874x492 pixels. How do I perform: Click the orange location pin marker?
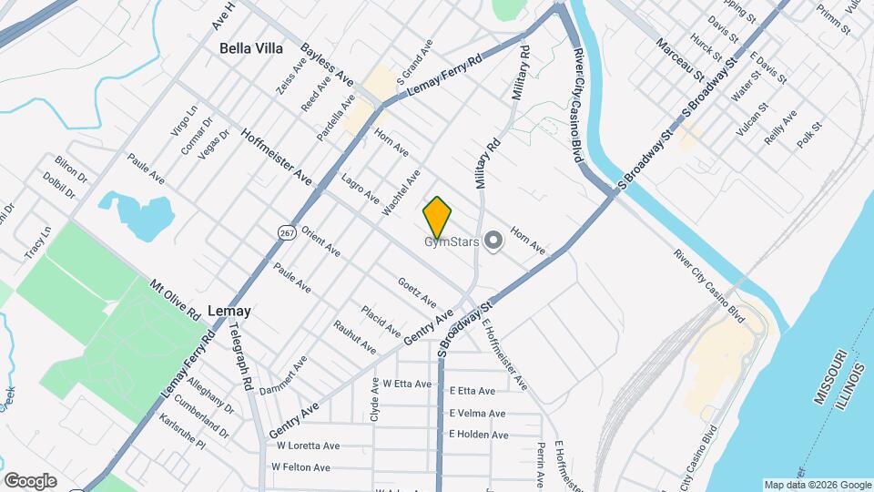pos(438,217)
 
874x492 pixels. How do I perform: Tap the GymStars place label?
pos(452,241)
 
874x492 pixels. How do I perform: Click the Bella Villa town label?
pos(251,48)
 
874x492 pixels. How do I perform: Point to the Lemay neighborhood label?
pos(229,311)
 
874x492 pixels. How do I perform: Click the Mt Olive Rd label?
pos(175,298)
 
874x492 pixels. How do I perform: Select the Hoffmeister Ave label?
pos(277,157)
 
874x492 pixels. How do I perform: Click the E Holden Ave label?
pos(479,435)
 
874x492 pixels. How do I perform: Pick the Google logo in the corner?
pos(30,481)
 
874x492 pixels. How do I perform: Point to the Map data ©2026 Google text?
pos(816,485)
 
